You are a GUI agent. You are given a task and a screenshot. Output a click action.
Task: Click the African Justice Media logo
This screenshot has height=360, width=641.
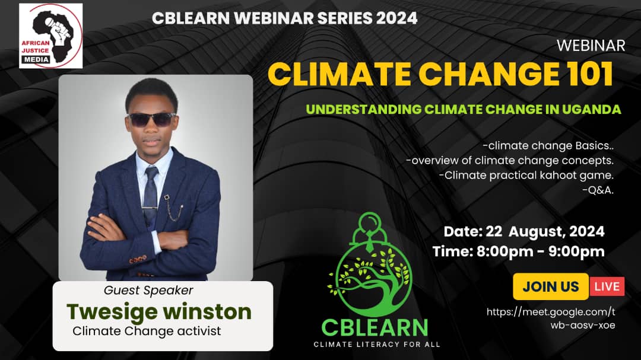click(51, 36)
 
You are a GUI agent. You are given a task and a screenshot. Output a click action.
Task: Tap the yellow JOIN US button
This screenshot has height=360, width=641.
click(550, 286)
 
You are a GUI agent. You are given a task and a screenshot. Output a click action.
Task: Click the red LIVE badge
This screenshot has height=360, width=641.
click(607, 286)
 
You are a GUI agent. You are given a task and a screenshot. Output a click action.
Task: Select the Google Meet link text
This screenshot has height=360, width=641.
click(551, 318)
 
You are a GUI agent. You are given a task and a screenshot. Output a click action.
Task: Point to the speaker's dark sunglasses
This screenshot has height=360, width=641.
click(152, 119)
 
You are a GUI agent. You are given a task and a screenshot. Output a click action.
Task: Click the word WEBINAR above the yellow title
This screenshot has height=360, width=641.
click(591, 46)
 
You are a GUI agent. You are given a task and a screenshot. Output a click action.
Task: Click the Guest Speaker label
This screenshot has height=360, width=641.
click(148, 291)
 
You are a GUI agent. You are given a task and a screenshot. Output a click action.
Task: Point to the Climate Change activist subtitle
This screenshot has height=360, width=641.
click(147, 331)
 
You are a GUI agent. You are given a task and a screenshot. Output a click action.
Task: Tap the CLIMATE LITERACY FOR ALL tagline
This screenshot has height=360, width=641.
click(377, 344)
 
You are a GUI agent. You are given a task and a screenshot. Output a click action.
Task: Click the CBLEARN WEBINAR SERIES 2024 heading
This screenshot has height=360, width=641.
click(284, 18)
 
